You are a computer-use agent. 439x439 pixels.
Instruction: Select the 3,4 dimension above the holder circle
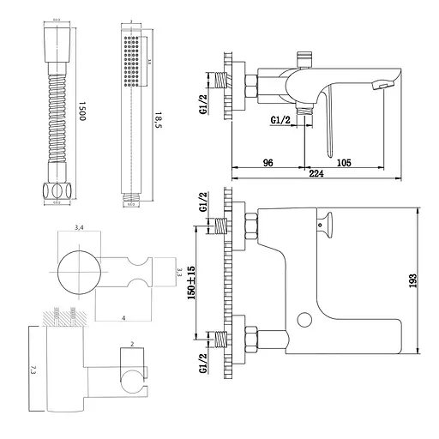tap(79, 227)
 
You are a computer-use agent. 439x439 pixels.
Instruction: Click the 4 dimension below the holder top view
tap(123, 318)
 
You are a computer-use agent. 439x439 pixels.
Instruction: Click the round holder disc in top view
tap(79, 271)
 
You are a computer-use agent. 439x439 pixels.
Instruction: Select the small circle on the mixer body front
tap(303, 321)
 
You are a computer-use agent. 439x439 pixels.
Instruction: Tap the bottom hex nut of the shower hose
tap(56, 190)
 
